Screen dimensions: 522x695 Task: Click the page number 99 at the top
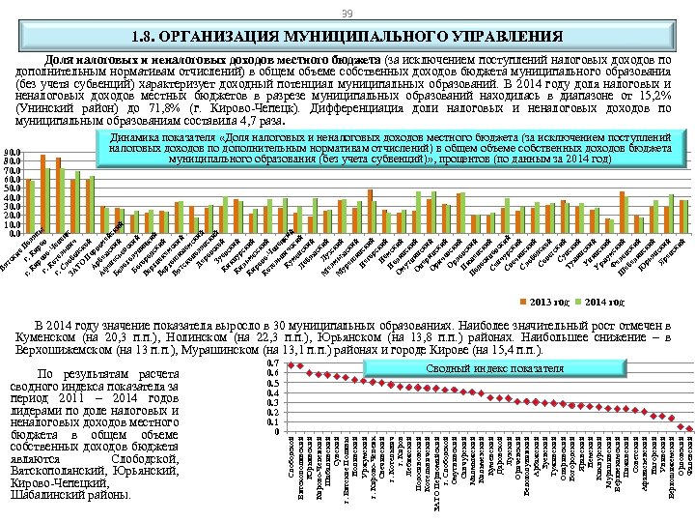(347, 12)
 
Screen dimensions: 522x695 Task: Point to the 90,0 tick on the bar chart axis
(10, 152)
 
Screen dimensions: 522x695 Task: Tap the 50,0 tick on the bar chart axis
(10, 188)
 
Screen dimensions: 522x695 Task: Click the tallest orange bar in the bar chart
(42, 193)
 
